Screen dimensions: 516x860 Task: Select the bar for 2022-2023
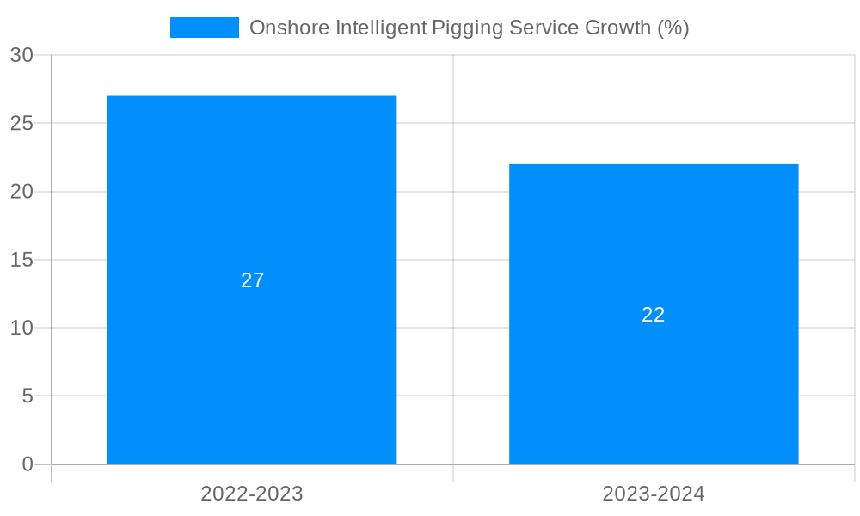252,361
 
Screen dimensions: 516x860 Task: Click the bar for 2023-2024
654,387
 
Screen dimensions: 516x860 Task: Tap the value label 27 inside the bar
252,280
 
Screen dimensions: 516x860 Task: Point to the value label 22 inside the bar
654,315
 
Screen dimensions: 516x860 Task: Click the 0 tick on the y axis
27,464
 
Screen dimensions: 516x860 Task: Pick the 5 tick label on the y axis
27,396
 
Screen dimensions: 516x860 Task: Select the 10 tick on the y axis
21,328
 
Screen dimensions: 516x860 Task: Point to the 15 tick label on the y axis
21,260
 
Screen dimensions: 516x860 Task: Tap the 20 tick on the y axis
21,192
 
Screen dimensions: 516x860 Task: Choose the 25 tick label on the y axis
21,123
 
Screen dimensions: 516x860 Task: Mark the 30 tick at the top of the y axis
21,55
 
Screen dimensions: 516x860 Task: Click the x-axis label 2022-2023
252,494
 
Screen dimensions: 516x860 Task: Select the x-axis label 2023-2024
654,494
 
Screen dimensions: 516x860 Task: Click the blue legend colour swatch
205,28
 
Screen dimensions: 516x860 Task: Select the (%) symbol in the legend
673,28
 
